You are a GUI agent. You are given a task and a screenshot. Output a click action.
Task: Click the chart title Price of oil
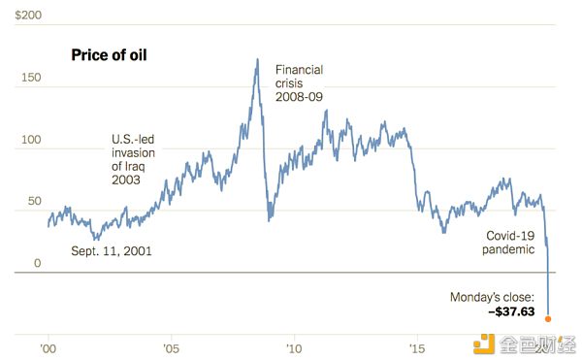pyautogui.click(x=109, y=55)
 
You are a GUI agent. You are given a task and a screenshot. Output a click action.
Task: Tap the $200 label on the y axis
pyautogui.click(x=28, y=15)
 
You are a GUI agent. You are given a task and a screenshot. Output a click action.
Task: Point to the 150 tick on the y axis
pyautogui.click(x=31, y=78)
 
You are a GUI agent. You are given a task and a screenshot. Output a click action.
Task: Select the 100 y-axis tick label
pyautogui.click(x=31, y=140)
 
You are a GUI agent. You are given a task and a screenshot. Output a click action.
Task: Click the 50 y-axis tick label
pyautogui.click(x=35, y=201)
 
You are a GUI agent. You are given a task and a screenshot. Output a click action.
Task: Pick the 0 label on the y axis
pyautogui.click(x=38, y=263)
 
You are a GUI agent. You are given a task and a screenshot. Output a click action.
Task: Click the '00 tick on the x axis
pyautogui.click(x=48, y=349)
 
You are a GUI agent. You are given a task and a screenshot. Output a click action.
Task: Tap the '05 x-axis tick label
pyautogui.click(x=171, y=349)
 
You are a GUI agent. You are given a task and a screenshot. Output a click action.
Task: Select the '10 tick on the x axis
pyautogui.click(x=294, y=349)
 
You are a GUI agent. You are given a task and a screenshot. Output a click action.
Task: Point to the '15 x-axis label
pyautogui.click(x=417, y=349)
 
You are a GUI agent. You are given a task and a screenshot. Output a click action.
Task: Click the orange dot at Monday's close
pyautogui.click(x=548, y=319)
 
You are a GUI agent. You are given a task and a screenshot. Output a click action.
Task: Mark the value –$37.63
pyautogui.click(x=511, y=311)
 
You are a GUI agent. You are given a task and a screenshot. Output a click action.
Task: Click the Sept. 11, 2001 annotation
pyautogui.click(x=112, y=251)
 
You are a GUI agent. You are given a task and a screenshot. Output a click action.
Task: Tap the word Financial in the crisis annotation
pyautogui.click(x=299, y=70)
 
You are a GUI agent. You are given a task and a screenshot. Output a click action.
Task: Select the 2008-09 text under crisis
pyautogui.click(x=299, y=97)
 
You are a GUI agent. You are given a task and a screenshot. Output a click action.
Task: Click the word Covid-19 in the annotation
pyautogui.click(x=510, y=236)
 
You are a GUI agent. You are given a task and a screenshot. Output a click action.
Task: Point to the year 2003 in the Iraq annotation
pyautogui.click(x=126, y=180)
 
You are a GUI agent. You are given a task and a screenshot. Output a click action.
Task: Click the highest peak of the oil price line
pyautogui.click(x=257, y=59)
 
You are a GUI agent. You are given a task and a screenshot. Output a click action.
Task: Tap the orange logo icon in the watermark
pyautogui.click(x=484, y=344)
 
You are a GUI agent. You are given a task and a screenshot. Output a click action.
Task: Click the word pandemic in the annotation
pyautogui.click(x=508, y=249)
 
